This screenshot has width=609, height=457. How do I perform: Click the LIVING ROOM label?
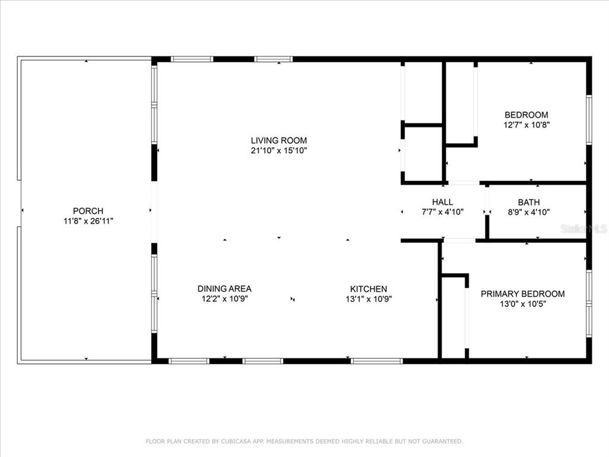click(278, 140)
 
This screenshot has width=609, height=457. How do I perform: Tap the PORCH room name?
click(88, 211)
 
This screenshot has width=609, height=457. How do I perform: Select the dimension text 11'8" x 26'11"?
click(89, 221)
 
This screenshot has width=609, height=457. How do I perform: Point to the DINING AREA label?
click(224, 289)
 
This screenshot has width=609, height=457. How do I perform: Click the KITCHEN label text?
click(369, 289)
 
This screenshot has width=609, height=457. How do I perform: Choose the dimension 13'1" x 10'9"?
click(369, 299)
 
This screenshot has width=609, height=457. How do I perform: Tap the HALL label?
click(442, 202)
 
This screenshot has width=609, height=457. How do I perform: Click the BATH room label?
click(529, 202)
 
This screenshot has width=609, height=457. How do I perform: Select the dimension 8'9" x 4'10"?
click(529, 212)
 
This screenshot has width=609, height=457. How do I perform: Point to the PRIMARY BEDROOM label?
click(523, 294)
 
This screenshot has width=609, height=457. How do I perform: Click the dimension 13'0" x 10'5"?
click(523, 304)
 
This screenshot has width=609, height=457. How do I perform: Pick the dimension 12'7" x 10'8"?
click(526, 125)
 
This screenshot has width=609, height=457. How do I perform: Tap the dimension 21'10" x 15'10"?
click(279, 151)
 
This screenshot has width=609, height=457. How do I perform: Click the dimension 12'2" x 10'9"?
click(224, 299)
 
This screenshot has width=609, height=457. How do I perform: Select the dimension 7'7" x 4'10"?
click(442, 212)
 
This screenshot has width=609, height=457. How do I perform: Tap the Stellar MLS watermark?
click(584, 229)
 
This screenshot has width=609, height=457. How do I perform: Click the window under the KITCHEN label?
click(376, 361)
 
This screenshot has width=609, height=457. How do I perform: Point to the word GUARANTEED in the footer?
click(442, 441)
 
